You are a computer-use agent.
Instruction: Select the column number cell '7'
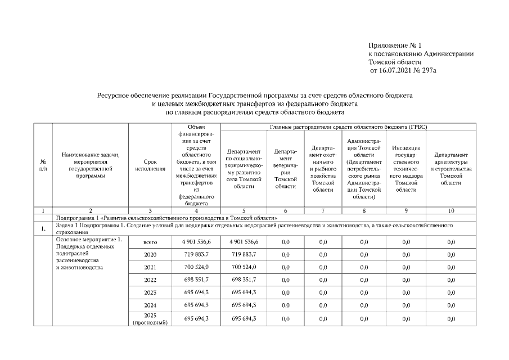(323, 210)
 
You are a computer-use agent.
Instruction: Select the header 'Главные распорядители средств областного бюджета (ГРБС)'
(348, 128)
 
